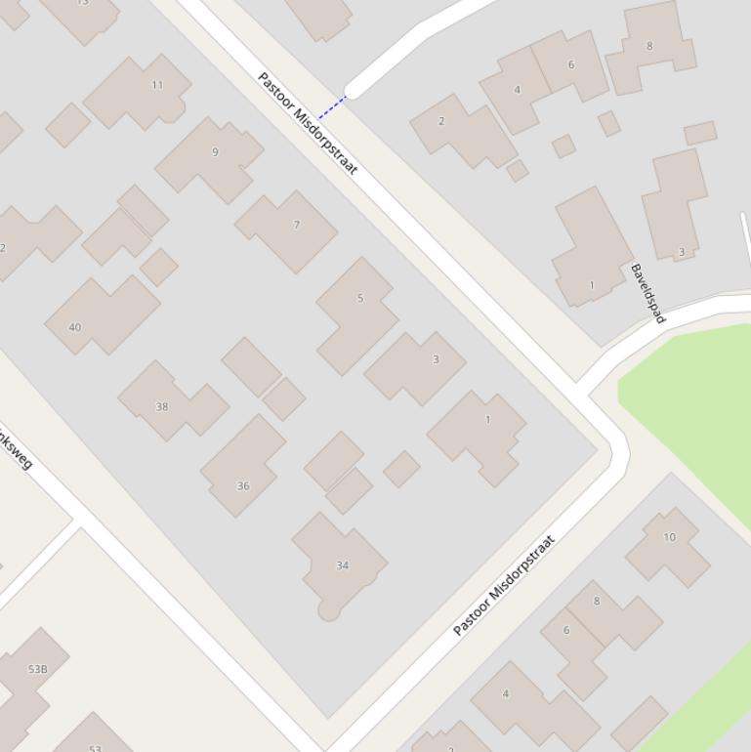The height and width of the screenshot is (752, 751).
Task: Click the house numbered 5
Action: coord(357,312)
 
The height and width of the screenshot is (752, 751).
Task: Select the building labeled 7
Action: coord(289,230)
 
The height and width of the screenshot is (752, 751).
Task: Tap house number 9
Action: coord(210,157)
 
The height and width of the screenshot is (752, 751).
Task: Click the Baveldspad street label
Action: coord(647,293)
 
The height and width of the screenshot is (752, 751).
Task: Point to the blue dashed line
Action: coord(332,107)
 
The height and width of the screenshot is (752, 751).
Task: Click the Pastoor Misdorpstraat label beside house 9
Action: coord(308,123)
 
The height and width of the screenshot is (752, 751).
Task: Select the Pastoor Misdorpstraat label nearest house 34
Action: coord(504,586)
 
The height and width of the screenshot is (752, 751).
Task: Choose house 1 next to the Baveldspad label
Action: coord(591,249)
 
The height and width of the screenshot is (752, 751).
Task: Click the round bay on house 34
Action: coord(329,610)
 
